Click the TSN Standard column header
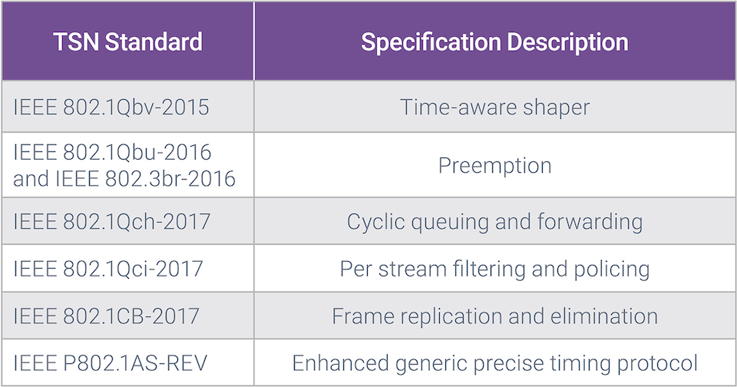click(128, 42)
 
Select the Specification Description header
click(494, 42)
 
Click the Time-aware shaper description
click(494, 107)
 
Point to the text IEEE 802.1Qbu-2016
click(112, 152)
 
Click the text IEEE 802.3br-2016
click(145, 178)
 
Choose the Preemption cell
click(494, 166)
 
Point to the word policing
click(612, 270)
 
